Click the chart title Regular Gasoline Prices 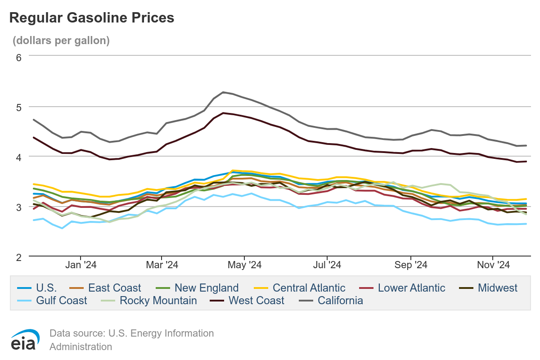91,18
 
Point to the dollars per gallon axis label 61,40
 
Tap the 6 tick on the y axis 18,57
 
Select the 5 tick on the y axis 18,107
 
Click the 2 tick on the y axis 18,257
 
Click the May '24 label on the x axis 246,265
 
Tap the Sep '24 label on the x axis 411,265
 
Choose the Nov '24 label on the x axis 493,265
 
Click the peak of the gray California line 223,92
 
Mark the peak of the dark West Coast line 223,113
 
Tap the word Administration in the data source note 81,347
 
